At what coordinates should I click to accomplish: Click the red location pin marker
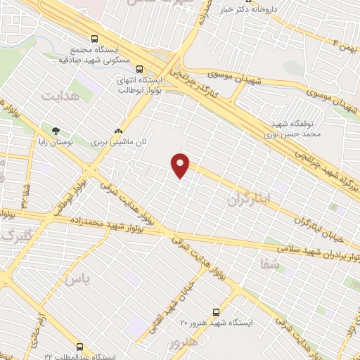(x=181, y=165)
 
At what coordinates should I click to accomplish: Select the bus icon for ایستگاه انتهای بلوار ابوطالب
(x=139, y=69)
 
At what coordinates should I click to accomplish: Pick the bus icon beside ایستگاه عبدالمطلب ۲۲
(x=79, y=347)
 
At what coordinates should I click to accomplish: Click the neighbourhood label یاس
(x=78, y=278)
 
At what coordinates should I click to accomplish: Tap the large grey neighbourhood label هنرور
(x=185, y=344)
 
